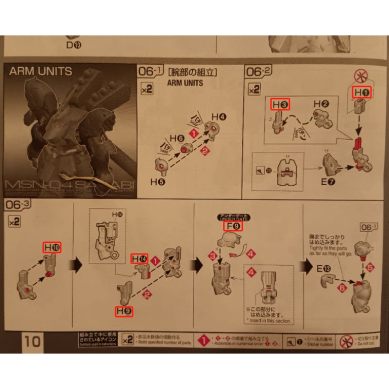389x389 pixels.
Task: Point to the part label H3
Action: pos(280,104)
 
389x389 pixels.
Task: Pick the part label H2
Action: pos(321,104)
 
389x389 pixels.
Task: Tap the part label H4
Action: pos(219,117)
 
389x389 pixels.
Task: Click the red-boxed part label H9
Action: pos(123,311)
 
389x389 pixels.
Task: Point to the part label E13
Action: pos(324,268)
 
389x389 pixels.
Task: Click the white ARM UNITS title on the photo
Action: pos(41,71)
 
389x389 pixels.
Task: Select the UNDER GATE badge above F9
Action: pos(231,217)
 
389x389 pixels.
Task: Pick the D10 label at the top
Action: pos(73,46)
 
